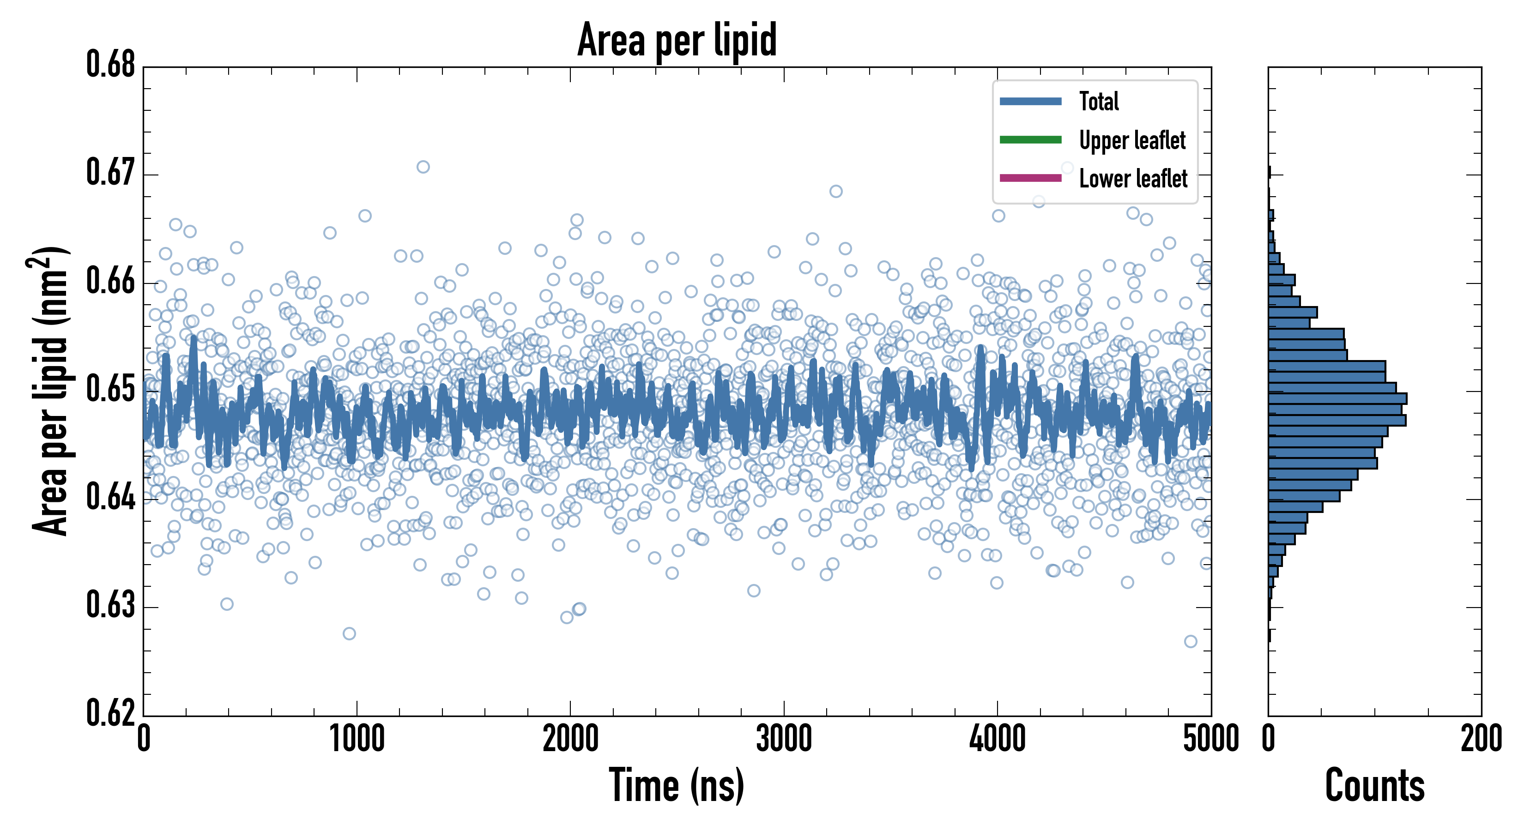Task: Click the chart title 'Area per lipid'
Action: (677, 40)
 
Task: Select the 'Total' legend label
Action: (1099, 101)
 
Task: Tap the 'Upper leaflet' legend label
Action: (1132, 140)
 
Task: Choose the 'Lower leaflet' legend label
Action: (1133, 179)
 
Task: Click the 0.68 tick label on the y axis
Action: (111, 65)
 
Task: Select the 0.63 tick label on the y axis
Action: (111, 606)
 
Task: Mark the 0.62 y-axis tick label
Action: (111, 713)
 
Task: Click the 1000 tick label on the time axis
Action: (357, 739)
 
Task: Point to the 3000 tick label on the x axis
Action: (784, 739)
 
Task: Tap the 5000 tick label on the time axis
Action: (1210, 739)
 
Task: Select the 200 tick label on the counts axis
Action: (1481, 739)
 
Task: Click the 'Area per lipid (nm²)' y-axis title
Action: (50, 391)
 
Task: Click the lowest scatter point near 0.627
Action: (349, 633)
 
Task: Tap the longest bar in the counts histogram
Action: (1337, 398)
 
